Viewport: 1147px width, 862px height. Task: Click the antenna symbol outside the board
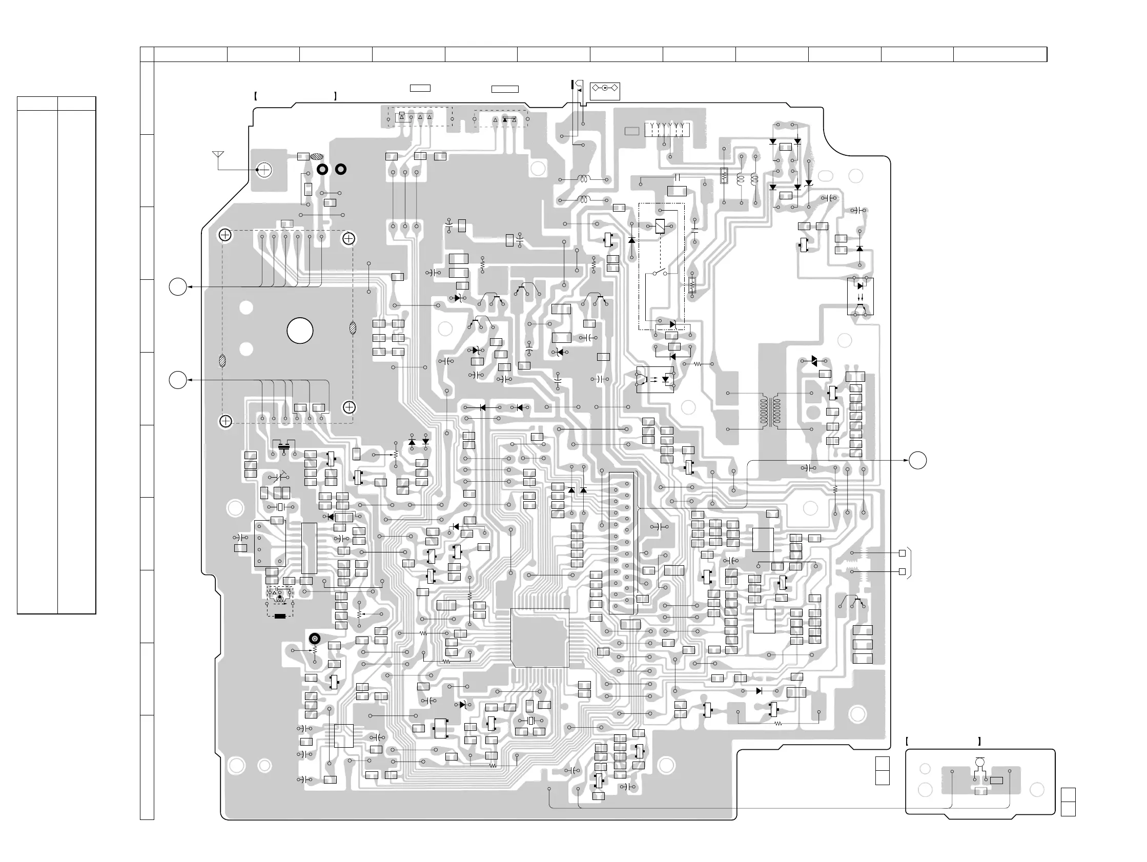218,156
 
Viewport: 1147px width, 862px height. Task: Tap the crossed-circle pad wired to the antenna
264,170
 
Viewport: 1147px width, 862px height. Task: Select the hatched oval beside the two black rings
317,156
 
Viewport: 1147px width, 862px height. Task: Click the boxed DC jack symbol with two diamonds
605,89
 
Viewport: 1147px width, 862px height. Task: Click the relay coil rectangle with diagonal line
660,226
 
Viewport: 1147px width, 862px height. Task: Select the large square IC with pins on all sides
540,638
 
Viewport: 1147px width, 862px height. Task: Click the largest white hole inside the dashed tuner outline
300,331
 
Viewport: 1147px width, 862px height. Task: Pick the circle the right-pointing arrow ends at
918,461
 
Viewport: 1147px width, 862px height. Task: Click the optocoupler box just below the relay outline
655,380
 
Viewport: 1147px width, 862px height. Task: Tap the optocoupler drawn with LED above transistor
860,297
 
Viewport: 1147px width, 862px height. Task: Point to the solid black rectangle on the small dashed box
280,616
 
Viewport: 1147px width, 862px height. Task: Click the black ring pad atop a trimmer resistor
314,639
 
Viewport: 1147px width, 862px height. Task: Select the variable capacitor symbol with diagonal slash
280,477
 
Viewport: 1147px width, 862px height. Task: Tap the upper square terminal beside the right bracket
902,553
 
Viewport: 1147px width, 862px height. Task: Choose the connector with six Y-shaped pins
667,129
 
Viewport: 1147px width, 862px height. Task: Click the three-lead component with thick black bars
283,446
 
